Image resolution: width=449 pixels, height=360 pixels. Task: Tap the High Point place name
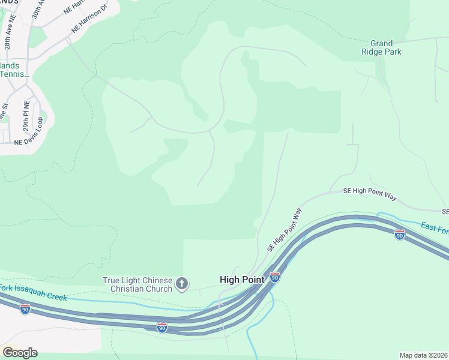click(241, 280)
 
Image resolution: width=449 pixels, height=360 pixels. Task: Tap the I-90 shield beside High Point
click(274, 277)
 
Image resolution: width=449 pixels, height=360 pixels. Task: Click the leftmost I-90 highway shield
click(25, 308)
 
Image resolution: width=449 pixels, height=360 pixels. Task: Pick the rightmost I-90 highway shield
click(400, 235)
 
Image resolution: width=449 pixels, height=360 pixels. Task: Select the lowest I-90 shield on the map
click(161, 327)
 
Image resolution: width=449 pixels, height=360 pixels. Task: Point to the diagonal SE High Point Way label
click(284, 230)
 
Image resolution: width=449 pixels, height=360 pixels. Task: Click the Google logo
click(20, 352)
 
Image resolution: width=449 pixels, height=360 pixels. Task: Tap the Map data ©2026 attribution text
click(423, 355)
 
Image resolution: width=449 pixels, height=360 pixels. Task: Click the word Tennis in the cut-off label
click(13, 74)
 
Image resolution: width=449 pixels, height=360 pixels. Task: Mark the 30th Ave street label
click(37, 11)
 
